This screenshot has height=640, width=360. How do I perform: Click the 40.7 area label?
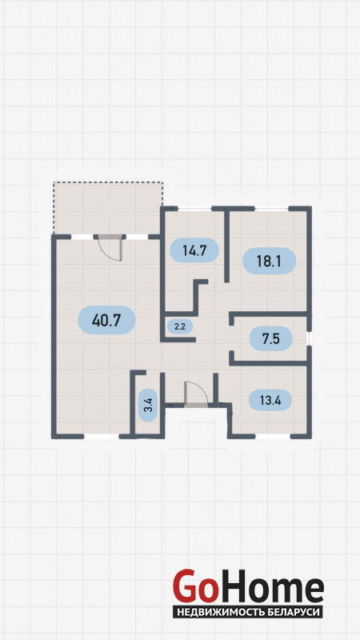(x=106, y=320)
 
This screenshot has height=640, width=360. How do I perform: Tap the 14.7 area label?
(x=194, y=250)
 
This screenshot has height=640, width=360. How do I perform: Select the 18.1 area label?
(x=269, y=261)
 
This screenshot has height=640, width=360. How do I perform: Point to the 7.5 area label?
(x=271, y=338)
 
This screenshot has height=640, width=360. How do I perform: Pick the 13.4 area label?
(x=270, y=399)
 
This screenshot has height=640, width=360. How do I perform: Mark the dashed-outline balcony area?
(x=108, y=208)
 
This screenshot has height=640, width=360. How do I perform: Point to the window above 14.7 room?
(x=194, y=209)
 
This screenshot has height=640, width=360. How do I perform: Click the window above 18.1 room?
(x=272, y=209)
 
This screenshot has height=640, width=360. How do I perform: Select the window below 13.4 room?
(x=274, y=436)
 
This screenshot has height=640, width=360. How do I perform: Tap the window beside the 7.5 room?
(x=310, y=338)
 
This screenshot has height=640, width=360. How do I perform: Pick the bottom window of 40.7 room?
(x=102, y=436)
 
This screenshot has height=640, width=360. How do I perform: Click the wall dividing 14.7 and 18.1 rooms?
(x=227, y=246)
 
